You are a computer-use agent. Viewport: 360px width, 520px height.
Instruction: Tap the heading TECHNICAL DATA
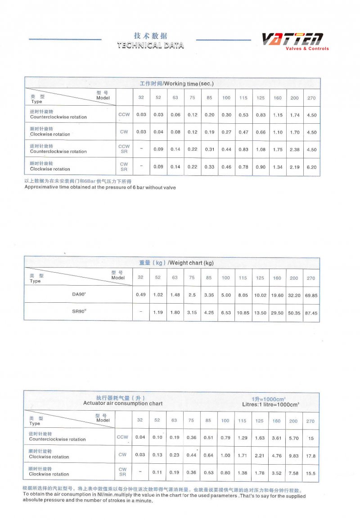pyautogui.click(x=150, y=45)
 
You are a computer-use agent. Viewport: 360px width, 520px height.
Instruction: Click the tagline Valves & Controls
pyautogui.click(x=307, y=49)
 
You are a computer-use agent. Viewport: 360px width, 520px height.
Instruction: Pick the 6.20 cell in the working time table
pyautogui.click(x=311, y=167)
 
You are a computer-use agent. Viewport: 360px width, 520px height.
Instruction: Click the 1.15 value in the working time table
pyautogui.click(x=278, y=115)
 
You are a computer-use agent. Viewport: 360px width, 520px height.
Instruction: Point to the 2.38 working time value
pyautogui.click(x=295, y=150)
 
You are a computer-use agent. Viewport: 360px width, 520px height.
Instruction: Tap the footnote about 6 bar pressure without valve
pyautogui.click(x=100, y=187)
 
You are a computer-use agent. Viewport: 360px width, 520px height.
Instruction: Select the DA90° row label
pyautogui.click(x=79, y=295)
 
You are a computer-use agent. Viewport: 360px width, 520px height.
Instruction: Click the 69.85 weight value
pyautogui.click(x=311, y=296)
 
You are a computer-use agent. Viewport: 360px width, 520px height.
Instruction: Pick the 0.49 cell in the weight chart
pyautogui.click(x=140, y=295)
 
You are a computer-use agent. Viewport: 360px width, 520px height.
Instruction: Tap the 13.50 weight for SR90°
pyautogui.click(x=260, y=313)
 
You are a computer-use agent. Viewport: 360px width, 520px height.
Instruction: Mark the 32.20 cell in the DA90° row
pyautogui.click(x=294, y=296)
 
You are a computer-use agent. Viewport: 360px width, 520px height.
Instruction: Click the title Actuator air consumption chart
pyautogui.click(x=123, y=403)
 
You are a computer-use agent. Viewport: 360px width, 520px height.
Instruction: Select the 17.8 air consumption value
pyautogui.click(x=310, y=456)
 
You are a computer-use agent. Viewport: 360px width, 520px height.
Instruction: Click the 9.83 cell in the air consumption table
pyautogui.click(x=293, y=456)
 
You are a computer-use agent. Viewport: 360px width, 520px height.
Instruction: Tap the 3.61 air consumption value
pyautogui.click(x=276, y=438)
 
